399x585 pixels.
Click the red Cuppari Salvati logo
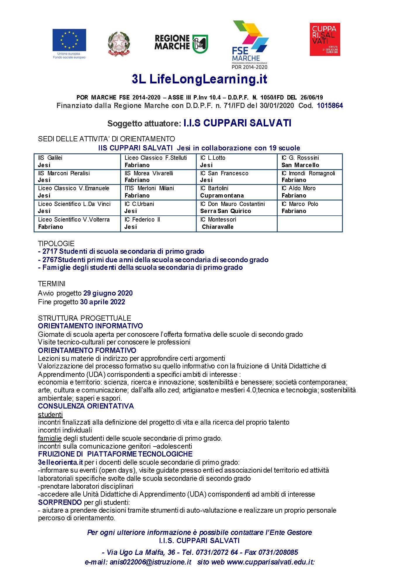pyautogui.click(x=325, y=39)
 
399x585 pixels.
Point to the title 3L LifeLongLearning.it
pyautogui.click(x=199, y=79)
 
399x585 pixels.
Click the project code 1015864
pyautogui.click(x=330, y=106)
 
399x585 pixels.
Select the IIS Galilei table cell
pyautogui.click(x=77, y=162)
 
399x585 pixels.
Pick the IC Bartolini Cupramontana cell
pyautogui.click(x=236, y=192)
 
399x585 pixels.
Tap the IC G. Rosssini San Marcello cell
pyautogui.click(x=310, y=162)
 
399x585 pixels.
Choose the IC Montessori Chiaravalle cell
pyautogui.click(x=236, y=223)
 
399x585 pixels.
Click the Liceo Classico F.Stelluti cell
pyautogui.click(x=158, y=162)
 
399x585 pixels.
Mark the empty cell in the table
pyautogui.click(x=310, y=223)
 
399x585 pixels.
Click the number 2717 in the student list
pyautogui.click(x=50, y=251)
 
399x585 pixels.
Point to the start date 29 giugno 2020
pyautogui.click(x=108, y=293)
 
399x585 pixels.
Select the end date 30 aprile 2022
pyautogui.click(x=103, y=302)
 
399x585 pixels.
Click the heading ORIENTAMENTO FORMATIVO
pyautogui.click(x=87, y=350)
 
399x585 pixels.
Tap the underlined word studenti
pyautogui.click(x=50, y=415)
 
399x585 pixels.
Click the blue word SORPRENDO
pyautogui.click(x=60, y=502)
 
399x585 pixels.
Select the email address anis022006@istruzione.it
pyautogui.click(x=151, y=562)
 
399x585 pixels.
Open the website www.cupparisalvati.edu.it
pyautogui.click(x=270, y=562)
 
